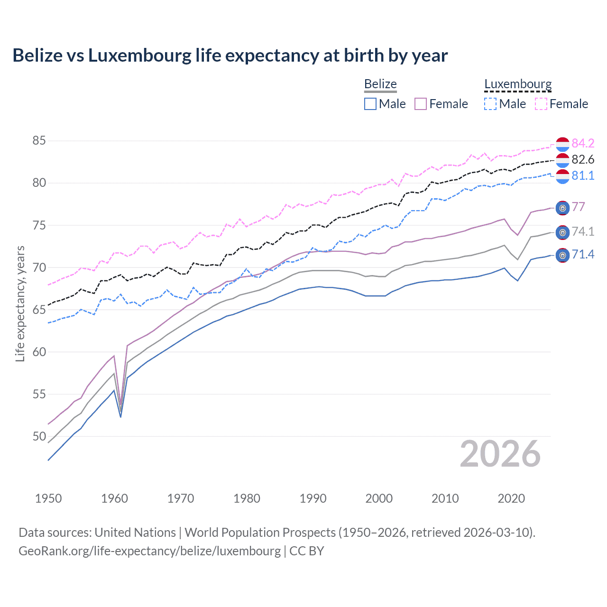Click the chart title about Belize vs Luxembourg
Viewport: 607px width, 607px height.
point(230,55)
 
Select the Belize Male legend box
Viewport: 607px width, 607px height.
point(370,104)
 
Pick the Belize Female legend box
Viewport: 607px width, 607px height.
point(421,104)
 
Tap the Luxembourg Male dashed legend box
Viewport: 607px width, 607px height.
point(490,104)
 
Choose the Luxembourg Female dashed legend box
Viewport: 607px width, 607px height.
point(541,104)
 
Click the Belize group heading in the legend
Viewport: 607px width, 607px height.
point(380,84)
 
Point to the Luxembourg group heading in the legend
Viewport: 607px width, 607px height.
point(518,84)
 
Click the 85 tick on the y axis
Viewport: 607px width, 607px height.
point(39,141)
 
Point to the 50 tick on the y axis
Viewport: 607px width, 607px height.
point(39,436)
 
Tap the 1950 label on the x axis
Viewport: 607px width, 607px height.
point(48,498)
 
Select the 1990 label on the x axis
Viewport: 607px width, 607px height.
point(313,498)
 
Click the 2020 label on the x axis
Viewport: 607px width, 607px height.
point(511,498)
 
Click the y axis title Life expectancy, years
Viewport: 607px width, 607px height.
point(20,303)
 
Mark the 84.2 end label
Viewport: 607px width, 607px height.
point(583,143)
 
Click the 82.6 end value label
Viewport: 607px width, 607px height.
point(583,159)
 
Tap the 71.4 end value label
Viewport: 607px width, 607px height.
point(583,255)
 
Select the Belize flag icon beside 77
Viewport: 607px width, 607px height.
point(562,208)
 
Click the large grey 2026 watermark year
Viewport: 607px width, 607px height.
point(500,454)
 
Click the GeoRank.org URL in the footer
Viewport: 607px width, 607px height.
point(149,551)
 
